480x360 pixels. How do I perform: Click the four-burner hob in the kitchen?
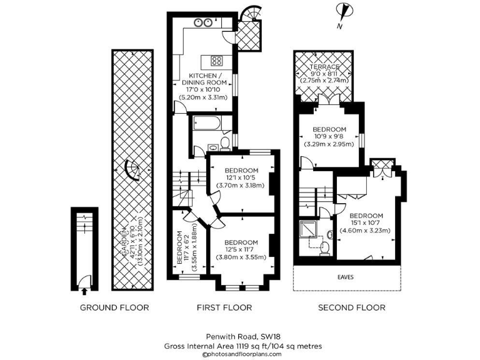click(x=217, y=61)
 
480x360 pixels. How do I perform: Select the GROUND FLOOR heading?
click(x=114, y=307)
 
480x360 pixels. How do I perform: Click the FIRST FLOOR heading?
click(x=224, y=307)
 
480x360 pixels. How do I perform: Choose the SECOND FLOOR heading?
click(x=352, y=307)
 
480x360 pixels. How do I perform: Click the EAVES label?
click(x=346, y=276)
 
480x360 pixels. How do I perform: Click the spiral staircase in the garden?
click(x=132, y=169)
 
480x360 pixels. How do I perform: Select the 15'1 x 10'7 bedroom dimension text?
click(x=365, y=223)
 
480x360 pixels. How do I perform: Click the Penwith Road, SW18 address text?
click(x=240, y=335)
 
